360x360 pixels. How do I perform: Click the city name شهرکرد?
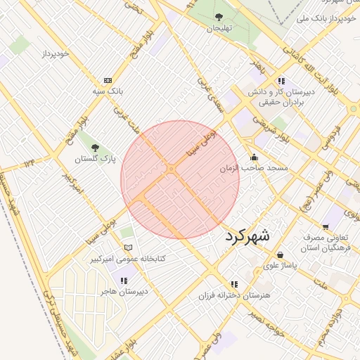247,236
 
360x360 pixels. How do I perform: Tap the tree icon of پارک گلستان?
95,148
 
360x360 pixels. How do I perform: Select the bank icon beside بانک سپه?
108,80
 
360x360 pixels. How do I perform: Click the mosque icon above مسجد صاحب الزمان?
254,157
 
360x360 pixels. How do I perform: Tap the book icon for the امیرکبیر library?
127,247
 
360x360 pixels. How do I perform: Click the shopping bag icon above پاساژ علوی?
281,255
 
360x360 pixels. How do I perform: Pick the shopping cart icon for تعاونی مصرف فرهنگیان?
325,226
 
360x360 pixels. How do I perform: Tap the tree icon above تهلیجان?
218,17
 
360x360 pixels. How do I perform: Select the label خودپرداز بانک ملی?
324,18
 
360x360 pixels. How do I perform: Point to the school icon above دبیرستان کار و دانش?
282,80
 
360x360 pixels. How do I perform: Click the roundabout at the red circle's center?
172,169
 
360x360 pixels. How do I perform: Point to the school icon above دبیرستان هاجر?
124,280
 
